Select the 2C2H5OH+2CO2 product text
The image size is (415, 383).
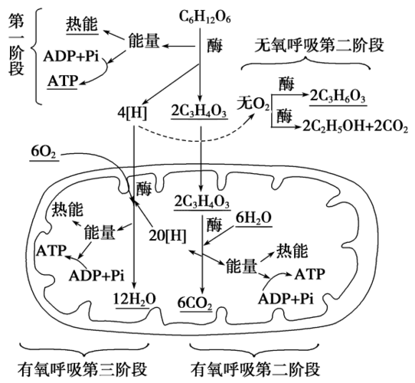click(355, 125)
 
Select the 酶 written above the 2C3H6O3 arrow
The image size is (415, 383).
click(285, 82)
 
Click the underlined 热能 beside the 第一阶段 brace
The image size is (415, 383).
click(81, 25)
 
